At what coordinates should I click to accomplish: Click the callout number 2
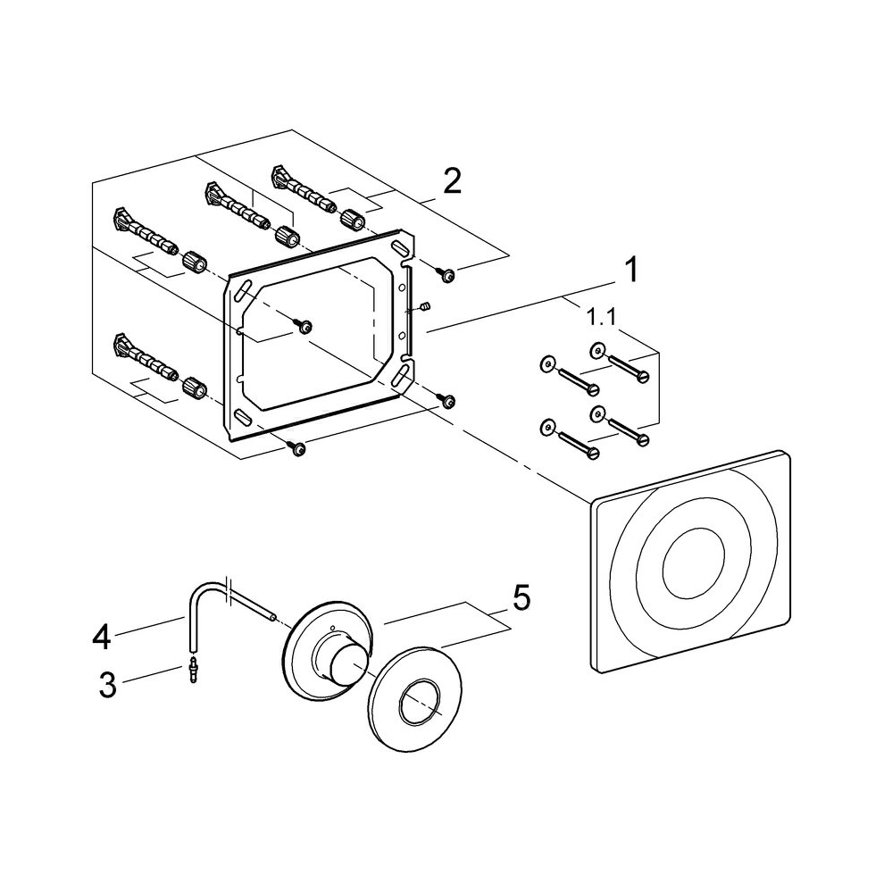click(453, 182)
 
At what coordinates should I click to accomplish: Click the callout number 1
click(630, 269)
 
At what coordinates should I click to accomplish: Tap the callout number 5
click(521, 597)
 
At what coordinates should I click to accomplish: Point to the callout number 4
click(102, 637)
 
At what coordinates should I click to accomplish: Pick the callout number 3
click(107, 686)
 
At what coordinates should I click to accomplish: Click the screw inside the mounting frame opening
click(305, 328)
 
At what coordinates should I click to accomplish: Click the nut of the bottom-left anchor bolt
click(194, 388)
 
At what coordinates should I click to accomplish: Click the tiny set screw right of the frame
click(426, 307)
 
